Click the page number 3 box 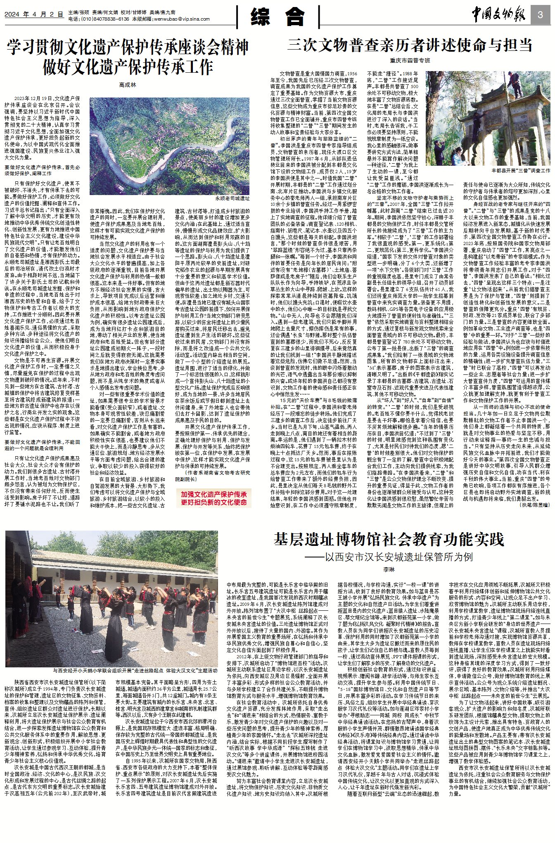(x=541, y=15)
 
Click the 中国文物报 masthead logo (x=498, y=15)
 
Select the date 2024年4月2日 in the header (x=34, y=14)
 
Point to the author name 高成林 (x=127, y=85)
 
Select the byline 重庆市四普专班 (x=410, y=60)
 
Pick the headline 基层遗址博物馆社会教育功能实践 (x=389, y=540)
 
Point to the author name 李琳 (x=389, y=569)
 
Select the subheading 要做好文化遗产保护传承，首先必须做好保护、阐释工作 (x=42, y=170)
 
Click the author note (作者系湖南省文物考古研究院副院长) (x=212, y=476)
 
